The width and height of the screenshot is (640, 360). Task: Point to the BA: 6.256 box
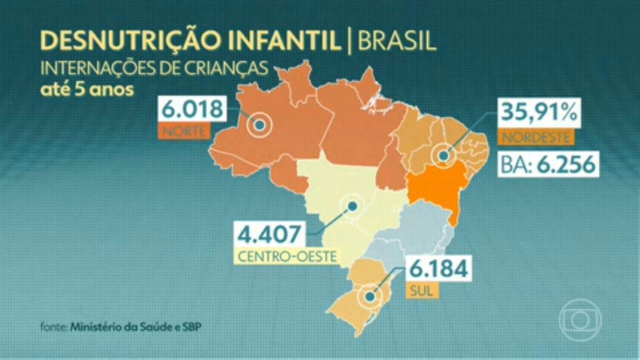(548, 164)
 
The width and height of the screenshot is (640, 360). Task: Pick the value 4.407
(270, 235)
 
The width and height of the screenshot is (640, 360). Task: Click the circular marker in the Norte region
(259, 125)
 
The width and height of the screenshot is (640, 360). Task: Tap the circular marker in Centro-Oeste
(352, 206)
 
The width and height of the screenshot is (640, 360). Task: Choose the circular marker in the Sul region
(369, 296)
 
